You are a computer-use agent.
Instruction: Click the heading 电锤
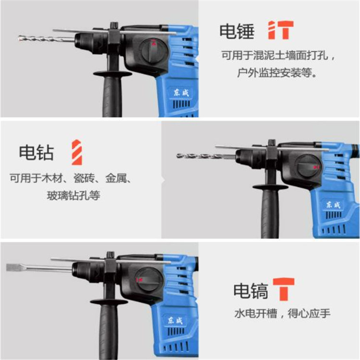(237, 31)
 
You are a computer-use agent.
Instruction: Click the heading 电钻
(36, 153)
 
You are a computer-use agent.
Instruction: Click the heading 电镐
(251, 291)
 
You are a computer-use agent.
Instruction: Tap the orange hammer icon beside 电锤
(281, 30)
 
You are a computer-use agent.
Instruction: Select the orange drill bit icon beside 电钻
(77, 152)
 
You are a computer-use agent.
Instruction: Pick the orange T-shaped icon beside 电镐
(284, 289)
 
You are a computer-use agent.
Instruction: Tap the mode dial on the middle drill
(307, 167)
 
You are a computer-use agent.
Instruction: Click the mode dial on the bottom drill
(148, 279)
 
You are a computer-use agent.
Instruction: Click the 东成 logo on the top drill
(181, 93)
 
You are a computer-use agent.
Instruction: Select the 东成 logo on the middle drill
(334, 204)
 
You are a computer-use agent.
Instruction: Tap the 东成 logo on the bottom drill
(175, 320)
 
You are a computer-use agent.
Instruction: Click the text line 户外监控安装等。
(277, 73)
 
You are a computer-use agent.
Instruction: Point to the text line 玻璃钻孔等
(73, 196)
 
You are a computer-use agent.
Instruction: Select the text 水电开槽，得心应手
(282, 313)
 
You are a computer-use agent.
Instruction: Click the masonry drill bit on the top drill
(47, 38)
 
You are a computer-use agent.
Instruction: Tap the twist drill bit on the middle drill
(206, 156)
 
